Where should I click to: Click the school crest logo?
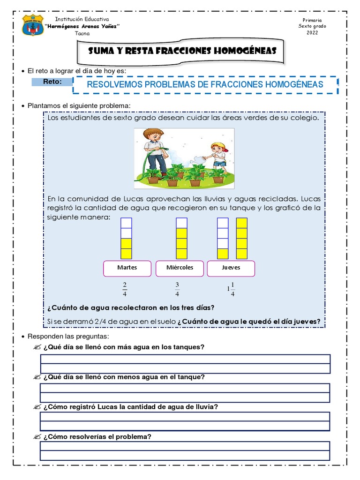click(33, 25)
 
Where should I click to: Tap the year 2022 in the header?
click(312, 33)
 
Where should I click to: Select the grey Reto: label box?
click(52, 82)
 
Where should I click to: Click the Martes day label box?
click(127, 268)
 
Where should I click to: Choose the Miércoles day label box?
click(179, 268)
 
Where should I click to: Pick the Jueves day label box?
click(231, 268)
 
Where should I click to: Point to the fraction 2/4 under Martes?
click(125, 290)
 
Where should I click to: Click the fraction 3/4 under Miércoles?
click(177, 290)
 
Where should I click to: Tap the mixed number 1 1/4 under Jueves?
click(231, 290)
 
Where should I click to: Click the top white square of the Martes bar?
click(127, 223)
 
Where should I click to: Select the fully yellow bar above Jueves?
click(242, 238)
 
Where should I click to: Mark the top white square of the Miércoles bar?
click(181, 223)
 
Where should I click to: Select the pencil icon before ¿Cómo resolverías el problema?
click(37, 437)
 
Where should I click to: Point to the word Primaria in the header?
click(312, 21)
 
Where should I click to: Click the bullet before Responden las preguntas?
click(23, 337)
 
